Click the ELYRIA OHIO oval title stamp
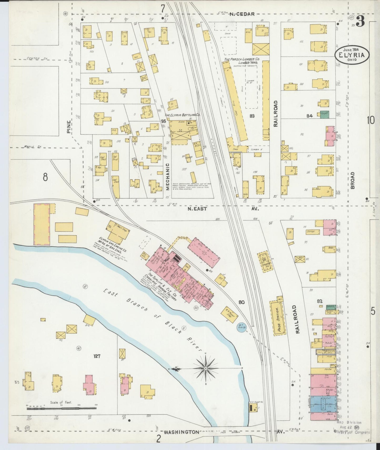coord(352,54)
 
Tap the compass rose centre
coord(205,368)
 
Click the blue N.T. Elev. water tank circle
coord(241,328)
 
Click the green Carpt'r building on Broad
coord(325,114)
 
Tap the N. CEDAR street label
coord(242,14)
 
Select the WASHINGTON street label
coord(181,432)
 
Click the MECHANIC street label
coord(168,176)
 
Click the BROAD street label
coord(352,180)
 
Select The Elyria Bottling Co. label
coord(182,115)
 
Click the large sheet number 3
coord(360,22)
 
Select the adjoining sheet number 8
coord(45,177)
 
